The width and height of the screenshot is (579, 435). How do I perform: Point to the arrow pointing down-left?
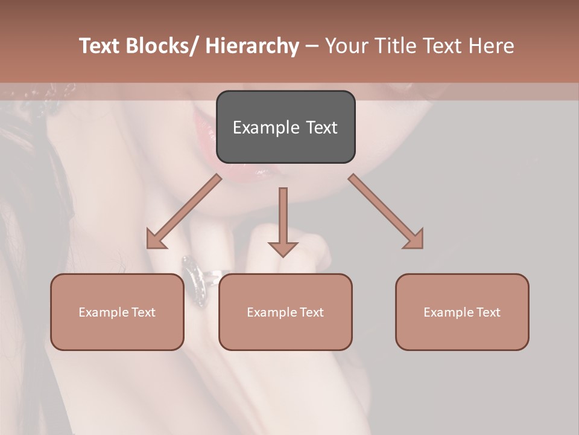click(184, 211)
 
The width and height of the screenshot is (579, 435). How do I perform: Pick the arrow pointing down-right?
click(386, 211)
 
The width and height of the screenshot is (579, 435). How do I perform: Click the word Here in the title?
click(490, 46)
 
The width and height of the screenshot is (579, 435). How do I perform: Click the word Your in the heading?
click(346, 46)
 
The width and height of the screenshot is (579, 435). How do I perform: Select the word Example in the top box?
click(265, 127)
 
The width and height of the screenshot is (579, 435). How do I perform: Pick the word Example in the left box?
click(104, 312)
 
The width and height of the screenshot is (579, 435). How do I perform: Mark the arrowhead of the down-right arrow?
click(415, 240)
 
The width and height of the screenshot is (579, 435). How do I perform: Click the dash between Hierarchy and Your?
click(312, 46)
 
